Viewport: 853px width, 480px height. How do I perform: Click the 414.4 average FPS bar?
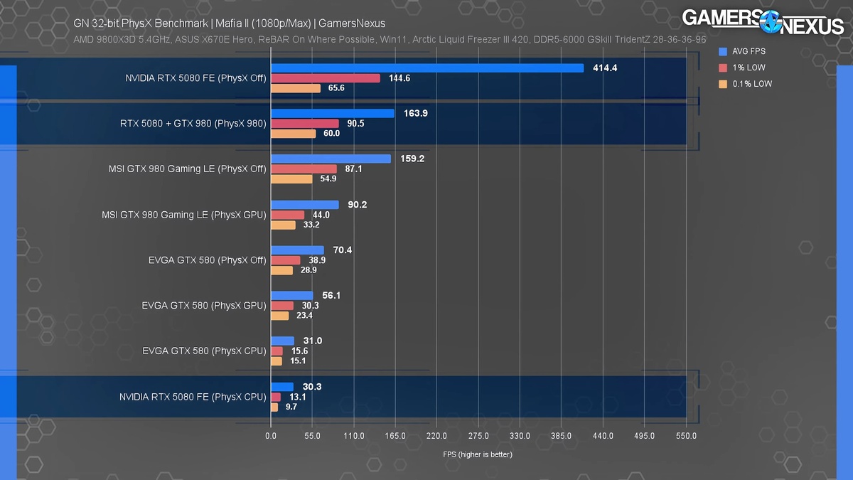coord(426,68)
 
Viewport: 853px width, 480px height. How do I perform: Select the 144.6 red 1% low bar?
coord(325,78)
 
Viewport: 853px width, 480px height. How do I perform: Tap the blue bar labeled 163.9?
coord(332,114)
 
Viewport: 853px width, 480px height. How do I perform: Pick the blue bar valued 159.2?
coord(331,159)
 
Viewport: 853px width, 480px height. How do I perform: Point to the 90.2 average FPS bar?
coord(304,205)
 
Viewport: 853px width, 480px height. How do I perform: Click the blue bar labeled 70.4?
coord(297,250)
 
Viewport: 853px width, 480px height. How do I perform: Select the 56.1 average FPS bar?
coord(291,296)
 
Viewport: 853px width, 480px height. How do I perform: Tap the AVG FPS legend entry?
coord(749,51)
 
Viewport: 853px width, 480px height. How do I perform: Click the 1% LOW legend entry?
coord(747,68)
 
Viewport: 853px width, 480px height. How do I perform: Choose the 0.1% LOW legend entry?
coord(751,84)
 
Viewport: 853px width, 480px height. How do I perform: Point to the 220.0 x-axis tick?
coord(436,436)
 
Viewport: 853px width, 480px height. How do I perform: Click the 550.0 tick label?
coord(686,436)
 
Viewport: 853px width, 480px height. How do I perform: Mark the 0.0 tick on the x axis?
coord(271,436)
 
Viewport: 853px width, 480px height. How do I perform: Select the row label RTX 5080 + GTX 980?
coord(193,124)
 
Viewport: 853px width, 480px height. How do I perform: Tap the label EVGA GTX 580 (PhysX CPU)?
coord(204,351)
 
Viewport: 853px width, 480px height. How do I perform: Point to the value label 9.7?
coord(291,407)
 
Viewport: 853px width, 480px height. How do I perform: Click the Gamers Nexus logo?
coord(762,21)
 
